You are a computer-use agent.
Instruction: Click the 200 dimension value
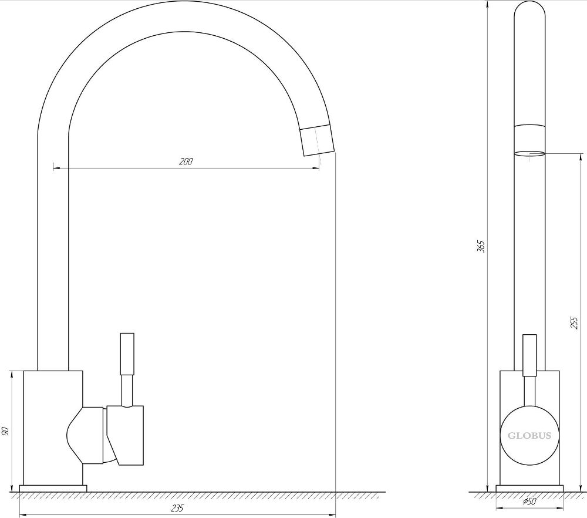[x=185, y=162]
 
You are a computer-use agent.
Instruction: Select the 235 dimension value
[x=178, y=508]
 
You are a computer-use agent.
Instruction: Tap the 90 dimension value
[x=6, y=430]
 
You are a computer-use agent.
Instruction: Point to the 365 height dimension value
[x=481, y=247]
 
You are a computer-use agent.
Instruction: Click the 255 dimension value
[x=574, y=322]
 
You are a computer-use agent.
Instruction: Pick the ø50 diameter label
[x=529, y=501]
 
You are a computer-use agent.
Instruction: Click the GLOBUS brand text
[x=529, y=436]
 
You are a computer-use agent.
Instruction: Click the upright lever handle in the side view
[x=529, y=355]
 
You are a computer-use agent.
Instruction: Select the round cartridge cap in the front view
[x=529, y=435]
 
